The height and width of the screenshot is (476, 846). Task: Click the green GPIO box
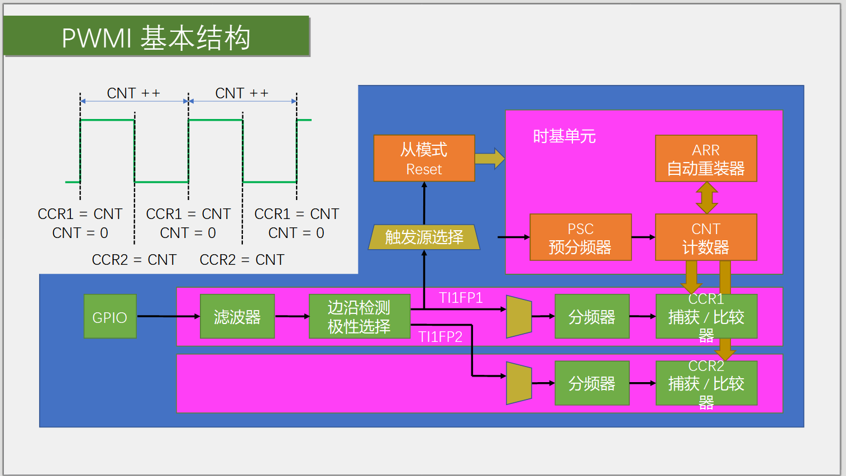[110, 316]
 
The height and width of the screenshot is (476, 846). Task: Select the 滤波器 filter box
[237, 316]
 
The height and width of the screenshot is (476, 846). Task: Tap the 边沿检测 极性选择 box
[360, 316]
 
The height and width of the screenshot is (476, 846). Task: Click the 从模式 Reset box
[424, 158]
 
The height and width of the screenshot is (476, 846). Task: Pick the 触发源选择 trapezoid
[424, 237]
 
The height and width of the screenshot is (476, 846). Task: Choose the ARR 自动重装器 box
[706, 158]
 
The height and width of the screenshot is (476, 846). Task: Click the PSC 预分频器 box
[581, 237]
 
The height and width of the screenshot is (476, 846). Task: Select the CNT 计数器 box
[706, 237]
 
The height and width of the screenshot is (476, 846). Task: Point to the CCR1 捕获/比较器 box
[706, 316]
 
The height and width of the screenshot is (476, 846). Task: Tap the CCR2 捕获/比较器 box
[706, 383]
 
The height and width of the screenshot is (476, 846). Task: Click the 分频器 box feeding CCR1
[592, 316]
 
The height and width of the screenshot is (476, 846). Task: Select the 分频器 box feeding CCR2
[592, 383]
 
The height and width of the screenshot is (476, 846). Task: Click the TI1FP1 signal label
[461, 298]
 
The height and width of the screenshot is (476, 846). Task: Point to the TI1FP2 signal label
[441, 336]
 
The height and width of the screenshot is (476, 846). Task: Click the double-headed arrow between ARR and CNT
[706, 198]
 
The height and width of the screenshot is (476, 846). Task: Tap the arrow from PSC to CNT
[643, 237]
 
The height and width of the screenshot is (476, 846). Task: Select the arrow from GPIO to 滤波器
[169, 316]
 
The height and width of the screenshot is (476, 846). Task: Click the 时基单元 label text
[564, 136]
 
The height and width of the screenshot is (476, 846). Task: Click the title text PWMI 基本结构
[156, 38]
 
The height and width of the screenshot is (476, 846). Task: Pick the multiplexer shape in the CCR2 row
[519, 383]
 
